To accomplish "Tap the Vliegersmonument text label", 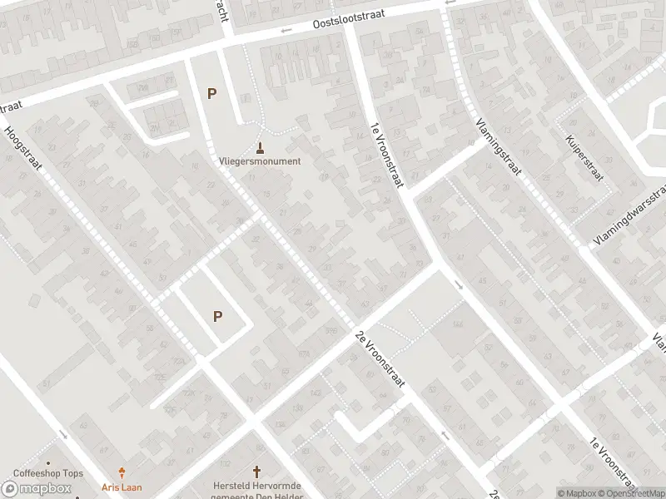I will pyautogui.click(x=260, y=161).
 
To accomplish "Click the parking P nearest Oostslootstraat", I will pyautogui.click(x=212, y=94).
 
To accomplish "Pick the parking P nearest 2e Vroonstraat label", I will pyautogui.click(x=218, y=316).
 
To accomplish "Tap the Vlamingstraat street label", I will pyautogui.click(x=499, y=146).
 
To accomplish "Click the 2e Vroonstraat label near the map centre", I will pyautogui.click(x=379, y=358).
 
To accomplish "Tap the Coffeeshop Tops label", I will pyautogui.click(x=48, y=474).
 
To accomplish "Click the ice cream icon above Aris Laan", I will pyautogui.click(x=123, y=472).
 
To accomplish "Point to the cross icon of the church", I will pyautogui.click(x=257, y=471).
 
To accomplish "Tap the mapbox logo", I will pyautogui.click(x=37, y=488).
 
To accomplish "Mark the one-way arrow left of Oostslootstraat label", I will pyautogui.click(x=286, y=31).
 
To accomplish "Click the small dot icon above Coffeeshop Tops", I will pyautogui.click(x=48, y=462).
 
